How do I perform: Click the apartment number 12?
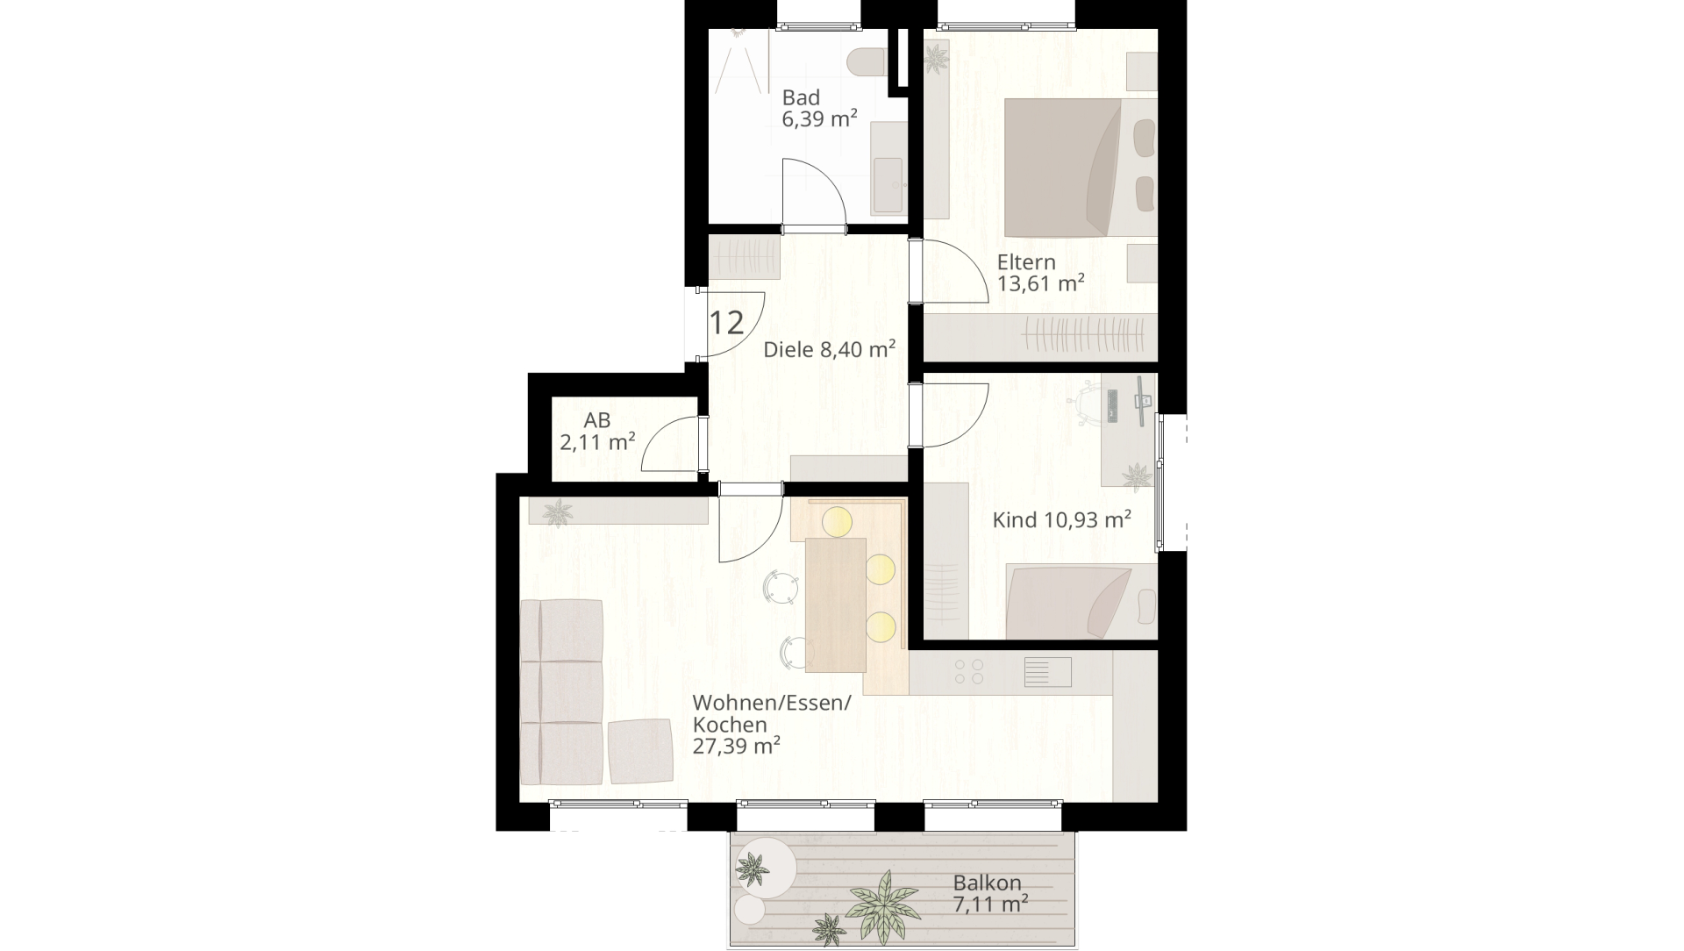pos(726,323)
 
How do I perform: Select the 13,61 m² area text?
pos(1041,283)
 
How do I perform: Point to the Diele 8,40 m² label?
pos(829,350)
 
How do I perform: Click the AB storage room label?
pos(597,421)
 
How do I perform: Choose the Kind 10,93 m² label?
pos(1061,520)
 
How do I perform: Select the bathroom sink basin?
pos(887,185)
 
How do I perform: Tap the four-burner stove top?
pos(968,672)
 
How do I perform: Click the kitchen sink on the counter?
pos(1048,672)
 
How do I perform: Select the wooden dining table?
pos(836,604)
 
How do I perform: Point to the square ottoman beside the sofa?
pos(639,752)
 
